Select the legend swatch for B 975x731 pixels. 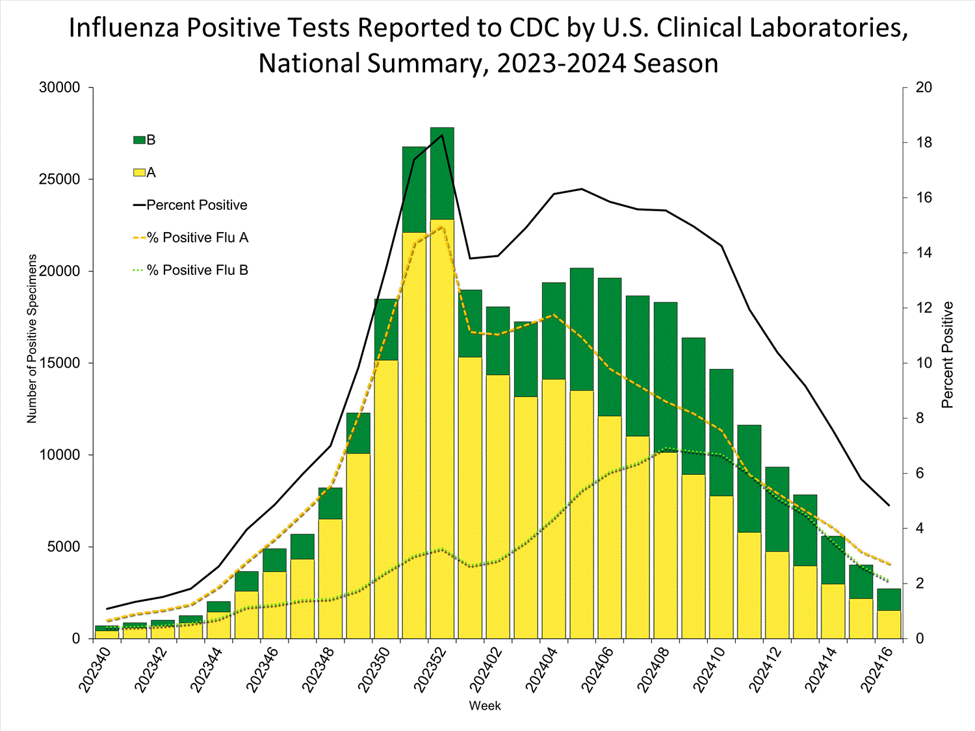tap(139, 140)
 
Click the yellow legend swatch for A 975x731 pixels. tap(139, 173)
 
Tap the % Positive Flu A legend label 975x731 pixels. tap(198, 238)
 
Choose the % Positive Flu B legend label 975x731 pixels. tap(198, 270)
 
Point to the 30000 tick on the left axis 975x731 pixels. tap(60, 88)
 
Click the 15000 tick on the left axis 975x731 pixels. tap(60, 363)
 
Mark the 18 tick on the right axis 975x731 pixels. tap(924, 143)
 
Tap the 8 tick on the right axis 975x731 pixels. tap(920, 418)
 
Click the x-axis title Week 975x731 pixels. tap(485, 706)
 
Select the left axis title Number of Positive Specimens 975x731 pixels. tap(32, 339)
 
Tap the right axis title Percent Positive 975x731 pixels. tap(947, 355)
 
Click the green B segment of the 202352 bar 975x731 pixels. tap(442, 173)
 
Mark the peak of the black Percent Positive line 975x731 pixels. tap(443, 135)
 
